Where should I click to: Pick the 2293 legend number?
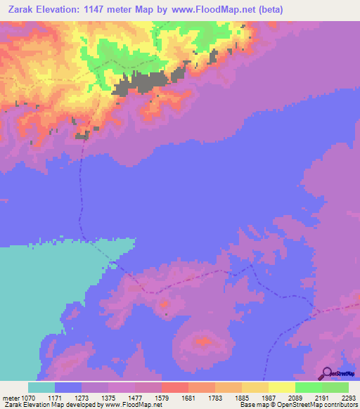[x=349, y=397]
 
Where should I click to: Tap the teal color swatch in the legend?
[x=41, y=387]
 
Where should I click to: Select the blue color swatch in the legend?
[x=68, y=387]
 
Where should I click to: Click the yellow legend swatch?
[x=281, y=387]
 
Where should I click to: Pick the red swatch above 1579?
[x=174, y=387]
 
